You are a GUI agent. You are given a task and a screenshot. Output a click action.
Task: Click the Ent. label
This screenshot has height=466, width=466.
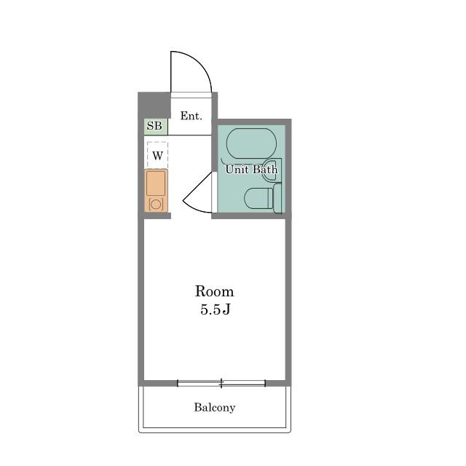[191, 116]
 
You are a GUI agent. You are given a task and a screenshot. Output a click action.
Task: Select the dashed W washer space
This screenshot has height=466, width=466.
[157, 155]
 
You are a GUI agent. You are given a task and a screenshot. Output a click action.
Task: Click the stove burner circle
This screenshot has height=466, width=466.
[156, 204]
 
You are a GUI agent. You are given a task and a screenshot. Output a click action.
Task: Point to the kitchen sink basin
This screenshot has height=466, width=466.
[156, 183]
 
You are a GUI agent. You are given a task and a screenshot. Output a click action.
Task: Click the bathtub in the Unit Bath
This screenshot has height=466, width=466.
[251, 143]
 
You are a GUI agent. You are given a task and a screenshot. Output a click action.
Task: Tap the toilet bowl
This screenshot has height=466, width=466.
[258, 198]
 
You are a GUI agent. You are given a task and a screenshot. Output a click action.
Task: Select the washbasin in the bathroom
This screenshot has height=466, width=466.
[272, 170]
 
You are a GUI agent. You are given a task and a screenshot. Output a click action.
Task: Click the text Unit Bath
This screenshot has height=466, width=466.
[251, 170]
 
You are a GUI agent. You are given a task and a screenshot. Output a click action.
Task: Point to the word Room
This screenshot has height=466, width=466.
[214, 291]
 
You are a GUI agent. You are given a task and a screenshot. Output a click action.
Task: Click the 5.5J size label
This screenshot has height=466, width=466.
[216, 309]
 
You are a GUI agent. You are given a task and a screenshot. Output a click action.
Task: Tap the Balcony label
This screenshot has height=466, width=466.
[215, 407]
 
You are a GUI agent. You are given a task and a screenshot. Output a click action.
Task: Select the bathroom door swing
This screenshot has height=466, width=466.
[194, 194]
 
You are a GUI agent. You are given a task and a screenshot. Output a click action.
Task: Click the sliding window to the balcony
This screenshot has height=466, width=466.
[221, 384]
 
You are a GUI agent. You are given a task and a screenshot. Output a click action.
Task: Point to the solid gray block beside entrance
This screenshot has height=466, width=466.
[154, 105]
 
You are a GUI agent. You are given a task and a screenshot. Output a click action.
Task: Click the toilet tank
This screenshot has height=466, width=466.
[277, 198]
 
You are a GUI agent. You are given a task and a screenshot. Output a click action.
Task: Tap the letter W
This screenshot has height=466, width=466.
[157, 155]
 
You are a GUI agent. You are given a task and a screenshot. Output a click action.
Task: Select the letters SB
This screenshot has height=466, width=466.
[154, 126]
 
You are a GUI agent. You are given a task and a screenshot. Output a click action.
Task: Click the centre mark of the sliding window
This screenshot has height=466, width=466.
[221, 384]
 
